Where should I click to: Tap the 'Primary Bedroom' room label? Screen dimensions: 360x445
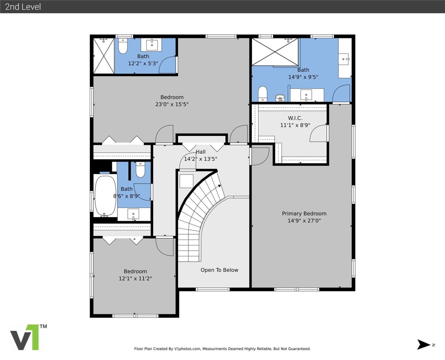(304, 214)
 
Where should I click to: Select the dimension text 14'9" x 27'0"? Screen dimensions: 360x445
(304, 221)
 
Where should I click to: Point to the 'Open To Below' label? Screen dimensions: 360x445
(219, 270)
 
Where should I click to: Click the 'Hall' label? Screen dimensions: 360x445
(200, 152)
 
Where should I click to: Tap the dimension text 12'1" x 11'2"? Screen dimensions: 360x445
(135, 278)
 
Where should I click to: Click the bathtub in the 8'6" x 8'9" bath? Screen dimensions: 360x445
(104, 195)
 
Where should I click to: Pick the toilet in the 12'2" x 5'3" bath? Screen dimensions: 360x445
(123, 46)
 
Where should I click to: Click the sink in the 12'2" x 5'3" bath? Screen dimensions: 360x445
(152, 45)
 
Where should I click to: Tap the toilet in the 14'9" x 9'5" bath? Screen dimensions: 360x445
(262, 93)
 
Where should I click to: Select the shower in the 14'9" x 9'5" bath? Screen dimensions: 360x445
(275, 52)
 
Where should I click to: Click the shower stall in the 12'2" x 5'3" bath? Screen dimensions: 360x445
(104, 55)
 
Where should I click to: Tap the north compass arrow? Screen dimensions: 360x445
(423, 345)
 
